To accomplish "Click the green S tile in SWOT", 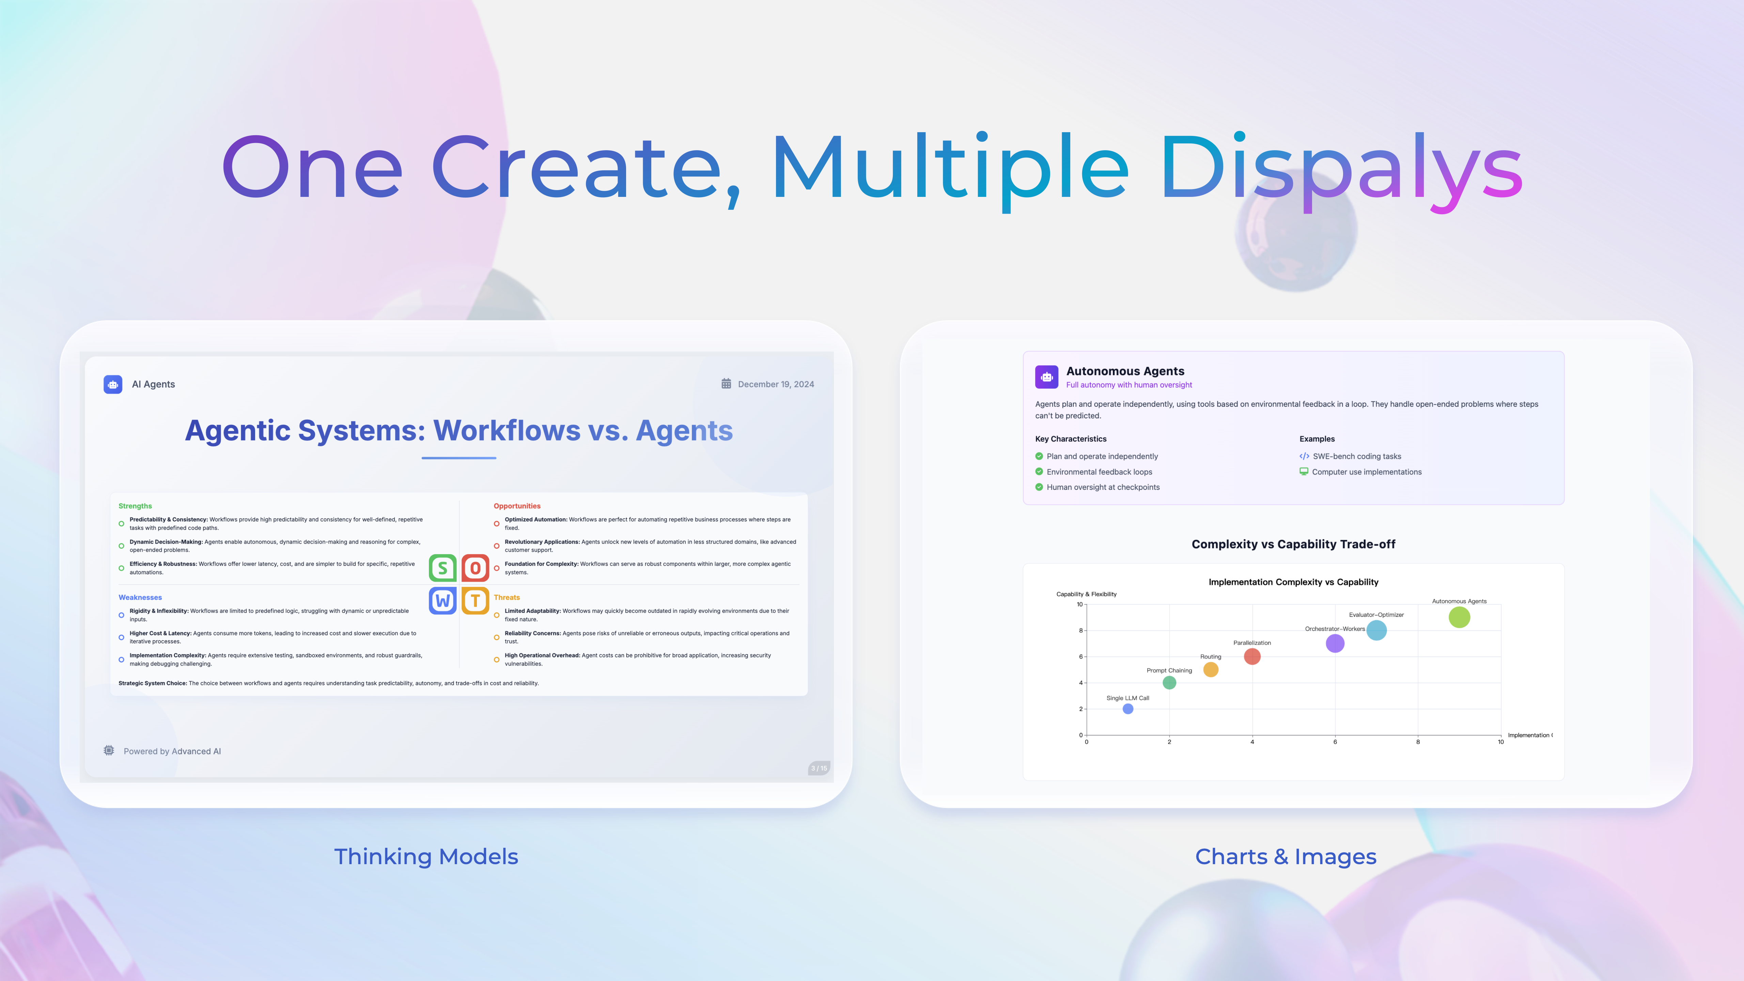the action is (x=443, y=568).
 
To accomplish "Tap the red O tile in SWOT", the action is (x=475, y=568).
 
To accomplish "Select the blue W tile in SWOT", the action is (x=443, y=601).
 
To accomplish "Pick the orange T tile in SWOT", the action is (x=475, y=601).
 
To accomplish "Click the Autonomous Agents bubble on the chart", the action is (x=1459, y=617).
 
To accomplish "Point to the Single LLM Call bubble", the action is (x=1128, y=709).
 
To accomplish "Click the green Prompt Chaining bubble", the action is (x=1169, y=682).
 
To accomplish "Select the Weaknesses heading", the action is (x=140, y=597).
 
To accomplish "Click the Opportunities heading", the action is (x=517, y=506).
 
